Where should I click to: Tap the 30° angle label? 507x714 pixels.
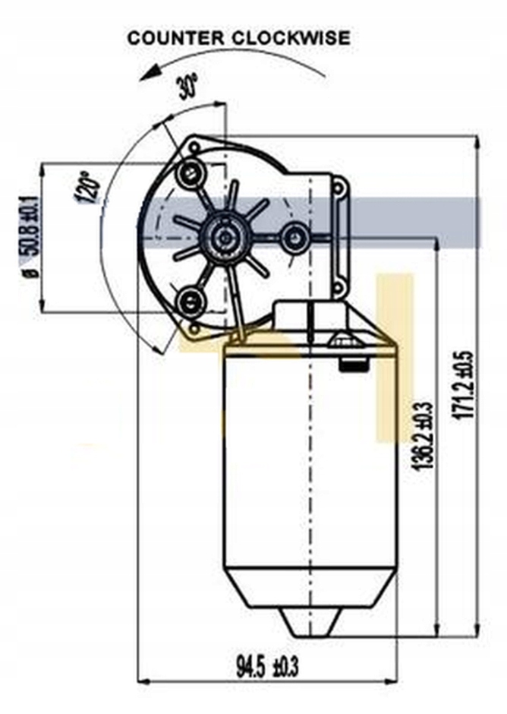coord(187,87)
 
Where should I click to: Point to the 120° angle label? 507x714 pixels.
coord(88,187)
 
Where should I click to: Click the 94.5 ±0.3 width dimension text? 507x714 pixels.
coord(266,668)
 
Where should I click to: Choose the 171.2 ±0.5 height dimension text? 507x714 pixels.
coord(465,396)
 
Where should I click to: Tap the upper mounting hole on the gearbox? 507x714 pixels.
coord(189,174)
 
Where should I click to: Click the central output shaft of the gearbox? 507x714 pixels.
coord(225,238)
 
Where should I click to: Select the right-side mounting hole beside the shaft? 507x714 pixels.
coord(294,239)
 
